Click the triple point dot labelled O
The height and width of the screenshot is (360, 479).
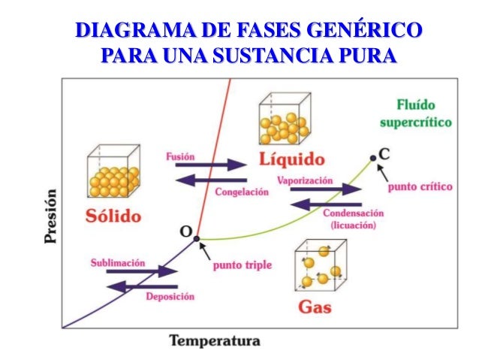[197, 238]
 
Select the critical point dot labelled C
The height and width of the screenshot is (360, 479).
[373, 159]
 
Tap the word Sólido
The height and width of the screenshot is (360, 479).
[113, 216]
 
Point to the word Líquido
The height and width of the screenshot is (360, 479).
[291, 159]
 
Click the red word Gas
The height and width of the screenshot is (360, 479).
[315, 307]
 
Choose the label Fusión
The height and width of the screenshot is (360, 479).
[179, 156]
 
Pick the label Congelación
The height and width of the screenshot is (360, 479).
[241, 192]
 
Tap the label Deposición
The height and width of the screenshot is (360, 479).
[170, 297]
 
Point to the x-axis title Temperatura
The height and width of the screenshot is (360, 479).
[215, 340]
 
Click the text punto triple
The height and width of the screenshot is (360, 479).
[242, 265]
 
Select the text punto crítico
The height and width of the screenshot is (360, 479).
[420, 186]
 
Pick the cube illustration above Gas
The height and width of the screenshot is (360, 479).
[320, 268]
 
